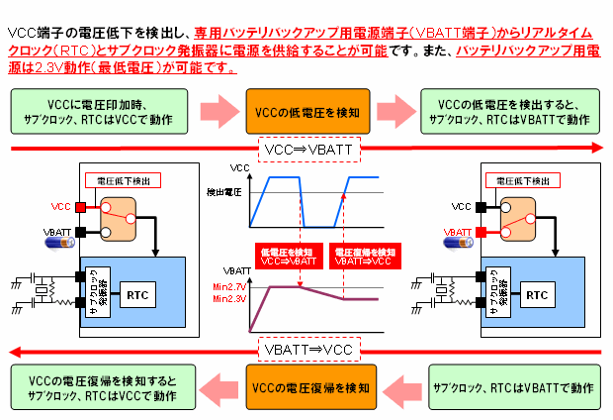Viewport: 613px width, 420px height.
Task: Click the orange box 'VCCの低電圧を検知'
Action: tap(306, 112)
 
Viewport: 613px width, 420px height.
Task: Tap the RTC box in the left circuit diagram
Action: tap(136, 294)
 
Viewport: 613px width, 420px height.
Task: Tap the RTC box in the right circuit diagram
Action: tap(537, 294)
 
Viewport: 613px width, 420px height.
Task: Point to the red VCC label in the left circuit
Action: tap(62, 207)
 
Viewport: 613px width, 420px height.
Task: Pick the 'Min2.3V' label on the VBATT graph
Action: tap(229, 298)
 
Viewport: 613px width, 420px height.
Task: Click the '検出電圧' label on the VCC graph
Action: tap(222, 191)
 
